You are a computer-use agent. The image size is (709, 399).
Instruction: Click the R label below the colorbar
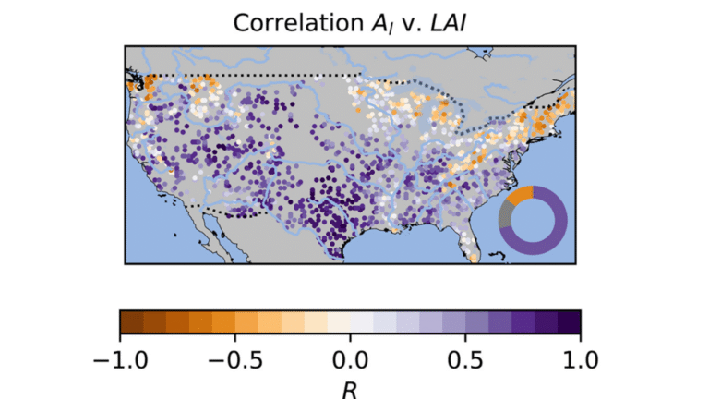coord(350,389)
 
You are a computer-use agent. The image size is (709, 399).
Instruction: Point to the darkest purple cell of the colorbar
coord(569,320)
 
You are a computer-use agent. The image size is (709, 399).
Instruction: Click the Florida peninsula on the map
coord(468,241)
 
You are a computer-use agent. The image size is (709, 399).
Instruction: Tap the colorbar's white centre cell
coord(350,320)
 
